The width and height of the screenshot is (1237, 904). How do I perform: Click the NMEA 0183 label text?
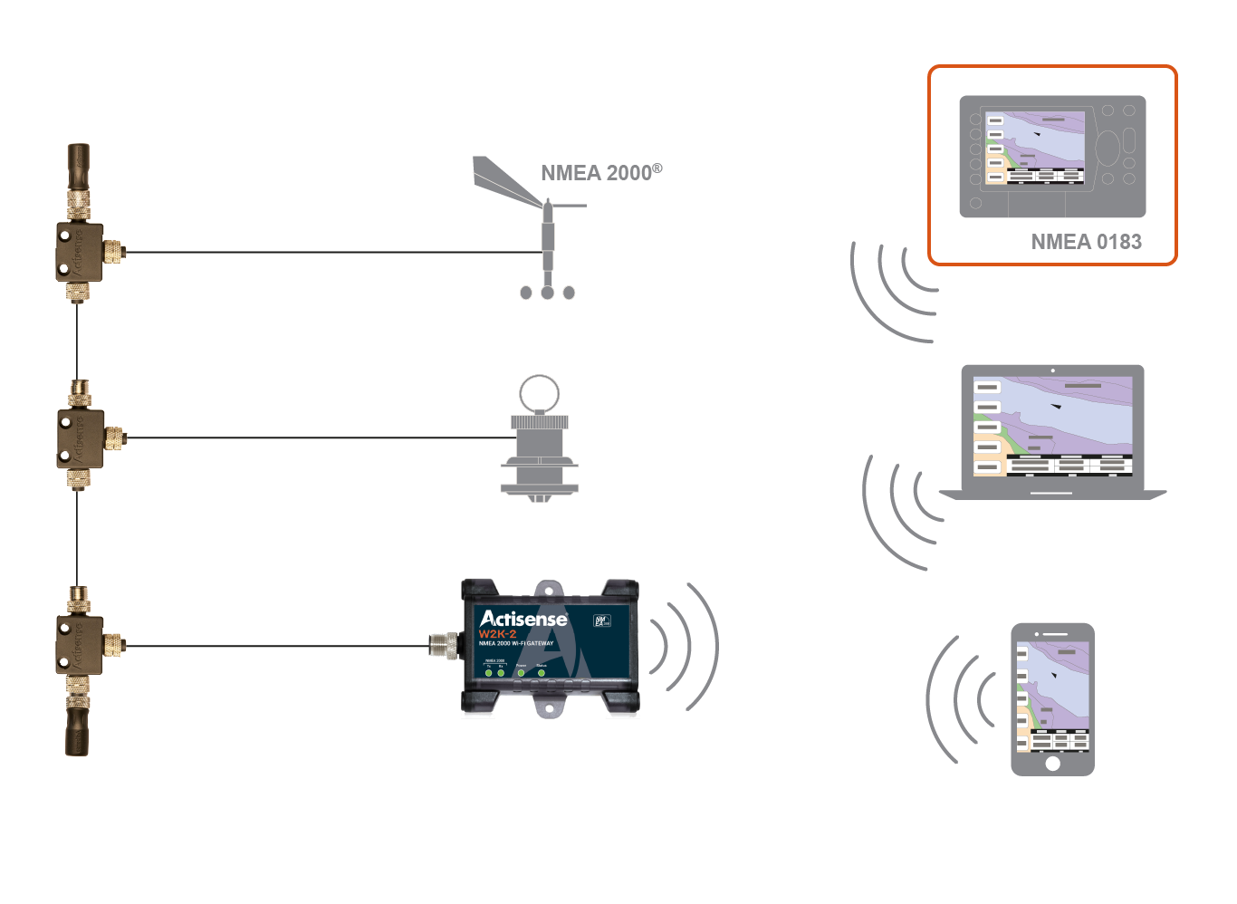tap(1086, 242)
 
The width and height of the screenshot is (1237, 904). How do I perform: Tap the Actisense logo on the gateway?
tap(523, 619)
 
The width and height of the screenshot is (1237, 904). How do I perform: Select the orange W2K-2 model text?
tap(497, 634)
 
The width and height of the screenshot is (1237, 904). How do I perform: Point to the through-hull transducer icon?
tap(539, 444)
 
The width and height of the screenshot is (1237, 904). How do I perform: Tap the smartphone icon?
tap(1052, 698)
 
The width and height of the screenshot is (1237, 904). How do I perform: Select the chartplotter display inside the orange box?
tap(1035, 148)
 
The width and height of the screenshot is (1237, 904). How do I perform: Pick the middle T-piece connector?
tap(80, 438)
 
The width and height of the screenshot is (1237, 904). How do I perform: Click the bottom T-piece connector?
tap(80, 645)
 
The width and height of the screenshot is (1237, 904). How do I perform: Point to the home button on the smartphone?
tap(1052, 763)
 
